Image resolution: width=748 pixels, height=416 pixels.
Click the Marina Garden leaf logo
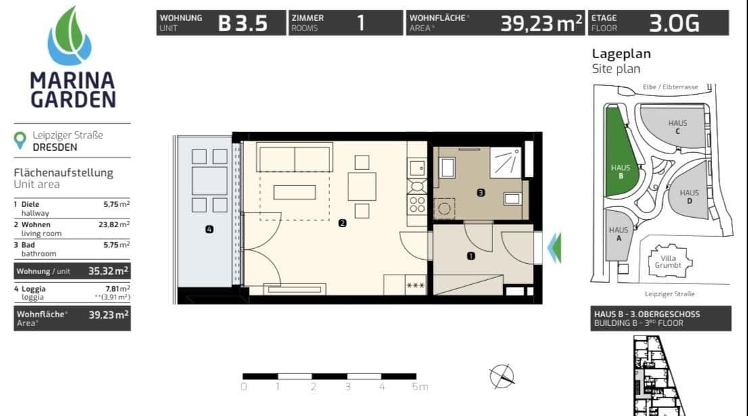70,36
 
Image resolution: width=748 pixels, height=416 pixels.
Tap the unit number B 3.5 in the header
243,24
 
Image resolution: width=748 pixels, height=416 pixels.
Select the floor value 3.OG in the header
674,24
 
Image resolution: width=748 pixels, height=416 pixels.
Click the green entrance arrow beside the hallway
554,248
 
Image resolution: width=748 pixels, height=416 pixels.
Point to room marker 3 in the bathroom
480,193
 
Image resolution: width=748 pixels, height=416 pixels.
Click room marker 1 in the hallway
471,256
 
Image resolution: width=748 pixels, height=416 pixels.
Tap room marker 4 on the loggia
209,230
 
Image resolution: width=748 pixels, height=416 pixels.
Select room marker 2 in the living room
342,223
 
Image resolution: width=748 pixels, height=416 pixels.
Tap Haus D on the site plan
689,196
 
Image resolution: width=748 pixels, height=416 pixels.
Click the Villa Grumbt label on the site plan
668,260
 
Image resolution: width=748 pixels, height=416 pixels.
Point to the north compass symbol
502,376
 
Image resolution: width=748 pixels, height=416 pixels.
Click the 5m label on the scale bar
419,387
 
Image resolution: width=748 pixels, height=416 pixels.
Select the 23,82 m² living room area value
114,225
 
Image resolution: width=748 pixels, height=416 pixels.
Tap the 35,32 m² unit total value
108,271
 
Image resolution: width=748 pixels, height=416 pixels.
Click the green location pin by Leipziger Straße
21,140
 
